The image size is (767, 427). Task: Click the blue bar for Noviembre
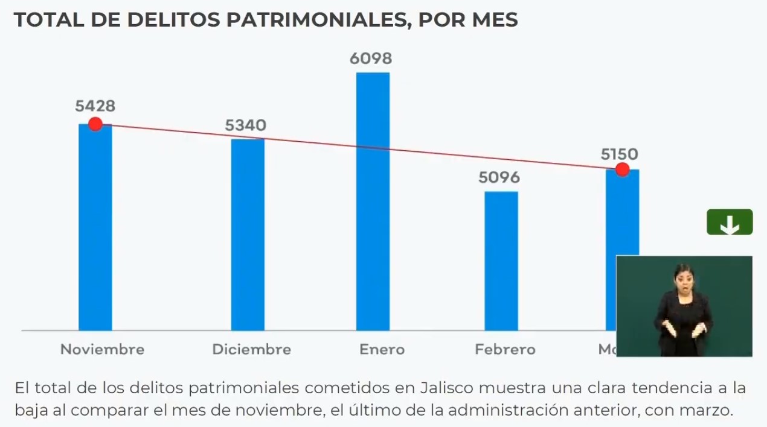pos(95,229)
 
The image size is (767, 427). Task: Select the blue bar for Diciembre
pos(248,235)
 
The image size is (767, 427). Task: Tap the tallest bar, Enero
pos(373,202)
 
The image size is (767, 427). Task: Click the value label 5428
pos(95,106)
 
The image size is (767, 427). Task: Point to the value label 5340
pos(246,125)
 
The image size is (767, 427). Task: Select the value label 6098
pos(371,59)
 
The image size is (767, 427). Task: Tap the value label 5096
pos(499,178)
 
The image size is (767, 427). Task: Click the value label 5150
pos(619,154)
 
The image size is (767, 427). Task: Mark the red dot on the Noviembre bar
pos(95,124)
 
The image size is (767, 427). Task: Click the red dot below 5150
pos(622,170)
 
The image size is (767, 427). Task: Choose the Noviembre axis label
pos(102,349)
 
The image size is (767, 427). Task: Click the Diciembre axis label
pos(251,349)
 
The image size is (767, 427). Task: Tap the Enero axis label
pos(382,349)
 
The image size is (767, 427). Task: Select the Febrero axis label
pos(505,349)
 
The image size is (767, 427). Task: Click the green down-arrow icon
pos(730,223)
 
